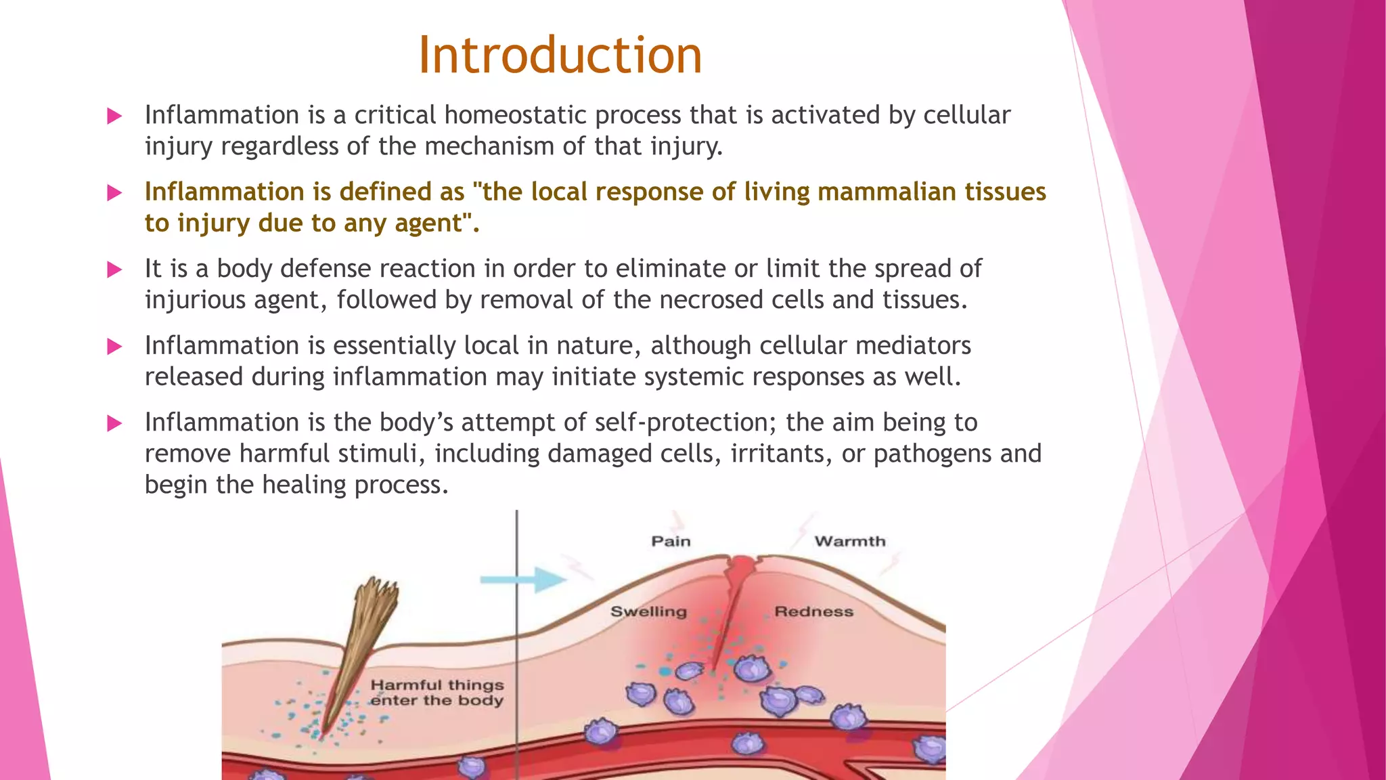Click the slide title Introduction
(x=560, y=55)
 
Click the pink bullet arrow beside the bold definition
(x=114, y=193)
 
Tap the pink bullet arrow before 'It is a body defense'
(x=114, y=270)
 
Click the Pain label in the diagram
(x=671, y=541)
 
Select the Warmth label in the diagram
(x=849, y=541)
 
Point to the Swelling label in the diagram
(x=648, y=611)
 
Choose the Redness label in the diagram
(x=813, y=611)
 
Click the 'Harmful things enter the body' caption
(x=437, y=693)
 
